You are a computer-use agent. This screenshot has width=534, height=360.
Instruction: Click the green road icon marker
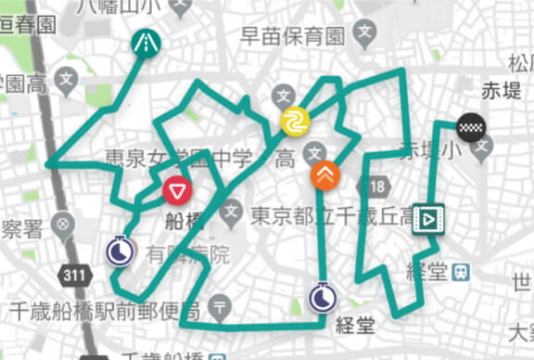tap(146, 41)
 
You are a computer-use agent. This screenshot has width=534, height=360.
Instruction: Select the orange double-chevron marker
tap(324, 174)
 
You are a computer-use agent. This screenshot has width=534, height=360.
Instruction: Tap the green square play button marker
tap(427, 218)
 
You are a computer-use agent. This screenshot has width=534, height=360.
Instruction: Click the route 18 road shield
tap(375, 188)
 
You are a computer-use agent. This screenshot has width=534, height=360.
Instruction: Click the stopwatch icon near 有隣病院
tap(118, 251)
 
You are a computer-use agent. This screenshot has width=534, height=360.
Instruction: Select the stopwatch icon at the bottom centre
tap(322, 297)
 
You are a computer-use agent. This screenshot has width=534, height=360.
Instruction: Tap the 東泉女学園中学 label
tap(178, 158)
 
